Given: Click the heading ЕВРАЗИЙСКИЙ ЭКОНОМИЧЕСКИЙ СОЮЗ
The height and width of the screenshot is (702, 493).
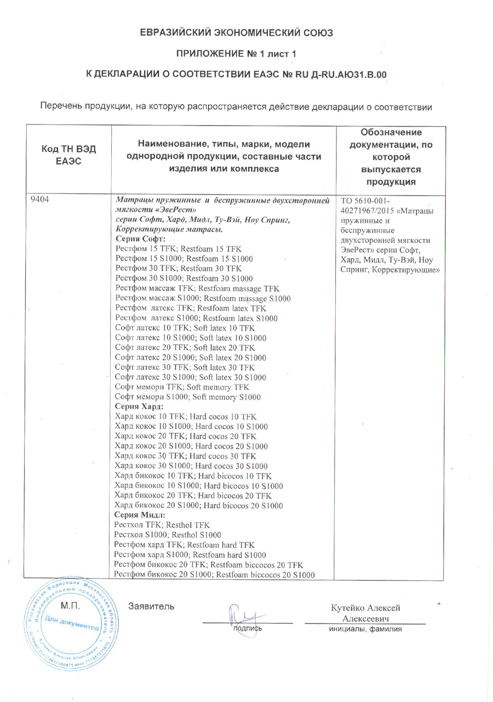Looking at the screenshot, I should click(x=236, y=33).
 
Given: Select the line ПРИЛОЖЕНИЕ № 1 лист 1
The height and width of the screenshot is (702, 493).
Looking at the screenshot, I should click(x=236, y=53).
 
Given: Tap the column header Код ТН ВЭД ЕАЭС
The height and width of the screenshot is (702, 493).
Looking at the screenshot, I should click(x=68, y=156).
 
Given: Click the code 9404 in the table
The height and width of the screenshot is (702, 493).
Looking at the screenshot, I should click(x=40, y=200).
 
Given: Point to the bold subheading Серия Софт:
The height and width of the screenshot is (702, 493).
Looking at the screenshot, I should click(x=140, y=239).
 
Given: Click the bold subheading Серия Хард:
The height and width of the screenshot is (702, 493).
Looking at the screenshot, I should click(x=139, y=407).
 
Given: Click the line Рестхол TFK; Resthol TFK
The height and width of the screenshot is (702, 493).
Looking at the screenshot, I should click(x=162, y=525).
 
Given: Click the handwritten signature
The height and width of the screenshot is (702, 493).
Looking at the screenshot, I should click(x=241, y=618).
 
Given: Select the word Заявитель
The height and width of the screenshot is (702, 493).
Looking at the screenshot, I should click(x=151, y=607).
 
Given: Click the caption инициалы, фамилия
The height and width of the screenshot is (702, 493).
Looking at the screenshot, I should click(x=365, y=629).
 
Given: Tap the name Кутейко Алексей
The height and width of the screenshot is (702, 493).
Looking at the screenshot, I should click(x=365, y=608).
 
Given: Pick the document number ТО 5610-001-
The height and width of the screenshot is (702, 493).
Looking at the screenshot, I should click(x=365, y=200).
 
